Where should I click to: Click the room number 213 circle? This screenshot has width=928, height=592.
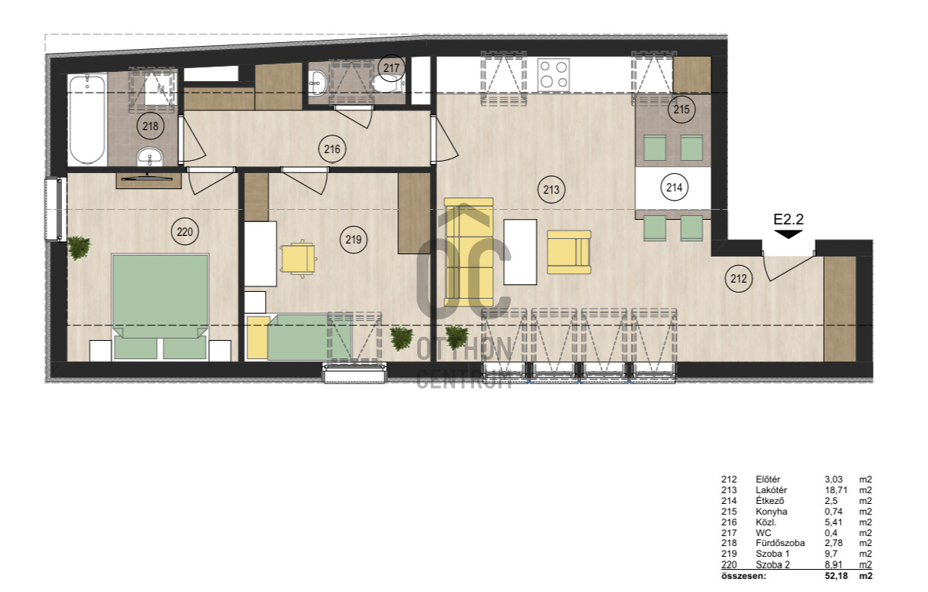(x=551, y=190)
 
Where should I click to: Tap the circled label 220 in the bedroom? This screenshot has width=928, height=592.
(x=185, y=231)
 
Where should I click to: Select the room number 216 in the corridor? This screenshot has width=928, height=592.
(x=332, y=149)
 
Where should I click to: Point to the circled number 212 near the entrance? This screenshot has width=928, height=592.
(x=739, y=279)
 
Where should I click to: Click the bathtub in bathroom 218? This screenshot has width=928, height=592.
(x=87, y=119)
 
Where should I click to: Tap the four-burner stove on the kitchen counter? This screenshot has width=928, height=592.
(x=554, y=74)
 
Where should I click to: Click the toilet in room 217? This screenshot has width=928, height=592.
(x=386, y=85)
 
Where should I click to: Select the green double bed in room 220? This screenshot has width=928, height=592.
(x=160, y=306)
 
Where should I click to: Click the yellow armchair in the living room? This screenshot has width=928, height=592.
(x=569, y=252)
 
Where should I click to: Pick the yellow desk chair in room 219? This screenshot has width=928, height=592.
(x=299, y=259)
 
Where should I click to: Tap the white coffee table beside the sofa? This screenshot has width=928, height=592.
(x=521, y=252)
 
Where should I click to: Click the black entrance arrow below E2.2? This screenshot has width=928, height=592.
(x=789, y=234)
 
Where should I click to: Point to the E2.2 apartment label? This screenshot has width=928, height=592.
(x=789, y=219)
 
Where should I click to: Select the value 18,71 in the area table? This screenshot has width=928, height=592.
(x=836, y=490)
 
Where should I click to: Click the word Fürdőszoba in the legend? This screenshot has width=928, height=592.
(x=780, y=543)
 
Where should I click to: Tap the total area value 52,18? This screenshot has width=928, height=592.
(x=836, y=576)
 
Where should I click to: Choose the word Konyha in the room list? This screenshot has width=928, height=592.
(x=771, y=512)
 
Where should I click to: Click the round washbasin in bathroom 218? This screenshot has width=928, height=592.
(x=149, y=156)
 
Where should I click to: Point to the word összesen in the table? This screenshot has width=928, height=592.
(x=743, y=576)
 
